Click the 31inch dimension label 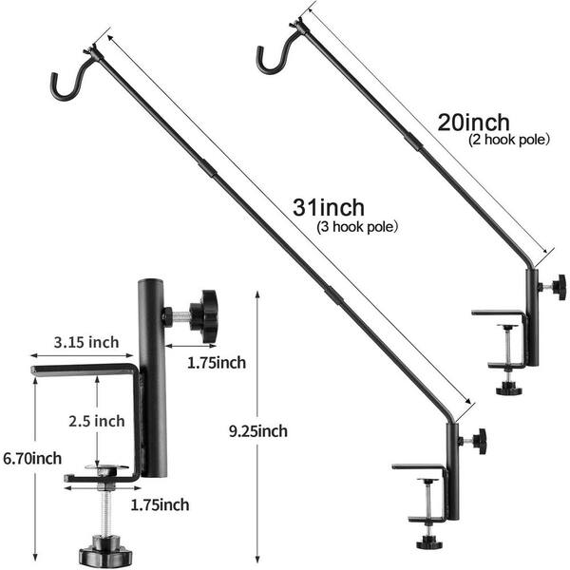point(329,207)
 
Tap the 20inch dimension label point(473,123)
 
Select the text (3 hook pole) point(357,227)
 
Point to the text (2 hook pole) point(509,140)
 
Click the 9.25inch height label point(258,431)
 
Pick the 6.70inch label point(32,458)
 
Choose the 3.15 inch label point(86,342)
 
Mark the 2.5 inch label point(97,421)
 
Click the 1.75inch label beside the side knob point(217,363)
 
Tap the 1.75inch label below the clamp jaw point(160,505)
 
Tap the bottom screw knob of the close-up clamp point(105,551)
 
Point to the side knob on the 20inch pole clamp point(557,287)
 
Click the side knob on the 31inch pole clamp point(479,442)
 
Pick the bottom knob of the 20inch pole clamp point(509,389)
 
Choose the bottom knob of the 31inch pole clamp point(429,542)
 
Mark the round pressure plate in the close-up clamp point(106,467)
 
